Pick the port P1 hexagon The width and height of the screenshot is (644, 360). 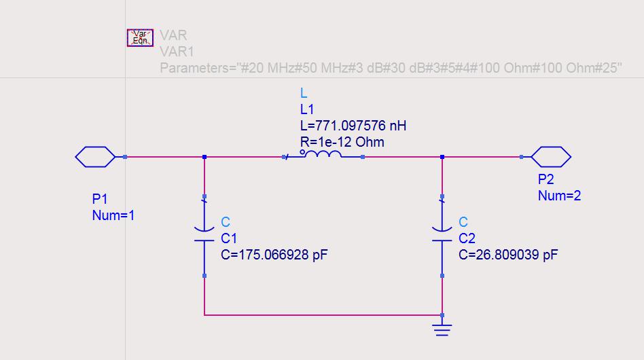pos(95,157)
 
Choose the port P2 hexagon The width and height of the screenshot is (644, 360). pos(550,157)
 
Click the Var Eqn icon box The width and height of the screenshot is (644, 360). pos(140,37)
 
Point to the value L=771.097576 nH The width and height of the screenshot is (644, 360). pos(353,126)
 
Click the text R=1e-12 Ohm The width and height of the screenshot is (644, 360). pos(342,142)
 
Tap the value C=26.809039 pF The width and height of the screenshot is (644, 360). pos(509,255)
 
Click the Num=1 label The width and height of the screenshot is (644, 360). pos(113,215)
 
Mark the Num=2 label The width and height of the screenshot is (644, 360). pos(559,196)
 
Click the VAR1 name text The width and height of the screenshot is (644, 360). pos(177,52)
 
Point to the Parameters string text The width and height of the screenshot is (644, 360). pos(391,68)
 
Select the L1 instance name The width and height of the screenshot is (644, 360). pos(307,109)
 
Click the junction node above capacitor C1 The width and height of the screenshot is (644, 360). pos(204,157)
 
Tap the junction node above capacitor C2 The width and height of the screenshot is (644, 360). pos(442,157)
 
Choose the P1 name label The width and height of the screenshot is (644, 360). pos(100,199)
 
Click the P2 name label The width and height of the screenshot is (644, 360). pos(546,180)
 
